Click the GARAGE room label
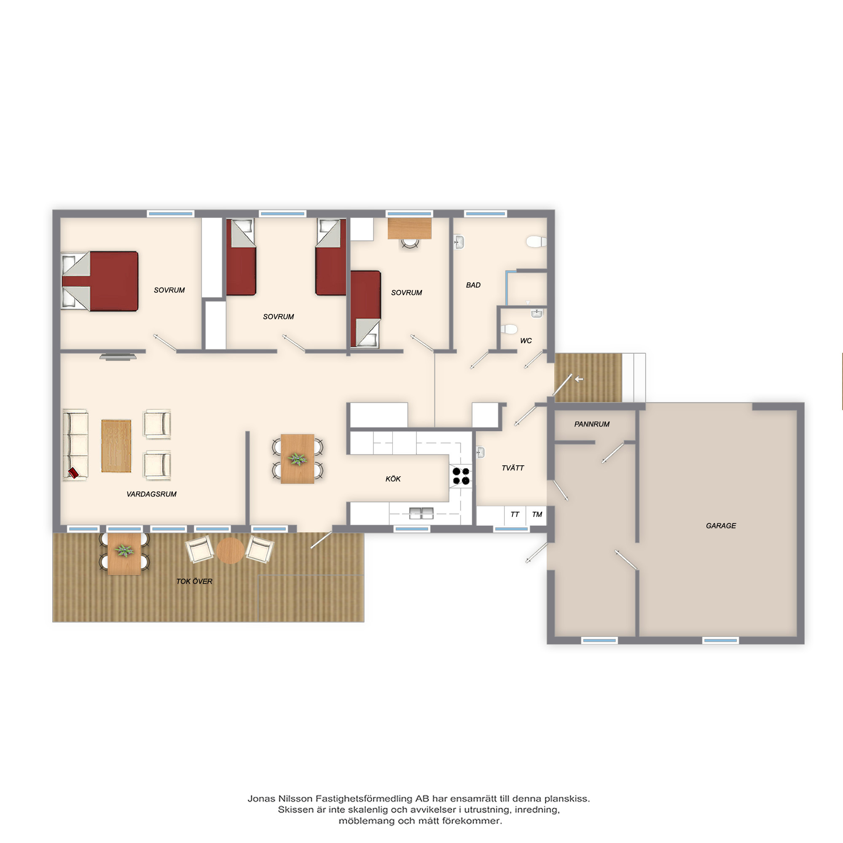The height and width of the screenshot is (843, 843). click(721, 526)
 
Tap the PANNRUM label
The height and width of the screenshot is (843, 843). click(592, 424)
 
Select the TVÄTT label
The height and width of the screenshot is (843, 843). click(513, 468)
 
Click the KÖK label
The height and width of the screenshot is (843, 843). click(393, 479)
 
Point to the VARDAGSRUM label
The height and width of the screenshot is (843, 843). click(151, 494)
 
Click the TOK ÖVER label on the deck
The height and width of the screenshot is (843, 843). click(194, 581)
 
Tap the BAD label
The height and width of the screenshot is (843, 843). click(473, 285)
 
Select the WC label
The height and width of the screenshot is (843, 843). click(526, 341)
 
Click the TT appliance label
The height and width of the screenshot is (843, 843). click(515, 514)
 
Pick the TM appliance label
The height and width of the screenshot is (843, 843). click(537, 514)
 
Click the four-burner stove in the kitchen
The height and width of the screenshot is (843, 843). click(461, 475)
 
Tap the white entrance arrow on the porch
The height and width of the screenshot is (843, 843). click(579, 379)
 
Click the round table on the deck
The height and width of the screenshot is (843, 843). click(230, 550)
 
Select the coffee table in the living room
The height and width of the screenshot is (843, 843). click(116, 446)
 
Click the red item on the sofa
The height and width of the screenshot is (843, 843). click(73, 473)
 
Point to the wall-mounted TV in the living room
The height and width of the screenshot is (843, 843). click(118, 357)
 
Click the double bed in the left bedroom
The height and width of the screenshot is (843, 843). click(100, 281)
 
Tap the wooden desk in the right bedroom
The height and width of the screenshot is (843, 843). click(409, 228)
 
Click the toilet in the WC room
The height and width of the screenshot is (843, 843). click(508, 329)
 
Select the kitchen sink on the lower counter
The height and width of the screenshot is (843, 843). click(421, 513)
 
